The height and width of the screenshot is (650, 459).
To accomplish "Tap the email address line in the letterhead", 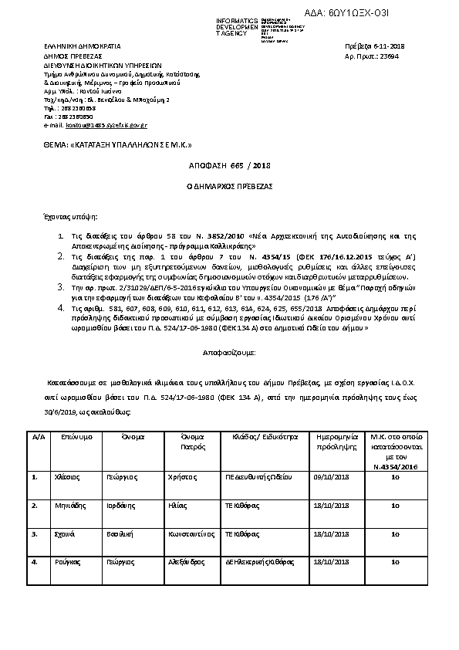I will pyautogui.click(x=96, y=124).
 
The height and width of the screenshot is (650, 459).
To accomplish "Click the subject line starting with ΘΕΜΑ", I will pyautogui.click(x=116, y=144).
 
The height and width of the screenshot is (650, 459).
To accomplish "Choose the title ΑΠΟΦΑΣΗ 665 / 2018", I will pyautogui.click(x=229, y=166).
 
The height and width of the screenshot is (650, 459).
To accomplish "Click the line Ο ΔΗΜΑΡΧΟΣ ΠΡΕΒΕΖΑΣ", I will pyautogui.click(x=229, y=187).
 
